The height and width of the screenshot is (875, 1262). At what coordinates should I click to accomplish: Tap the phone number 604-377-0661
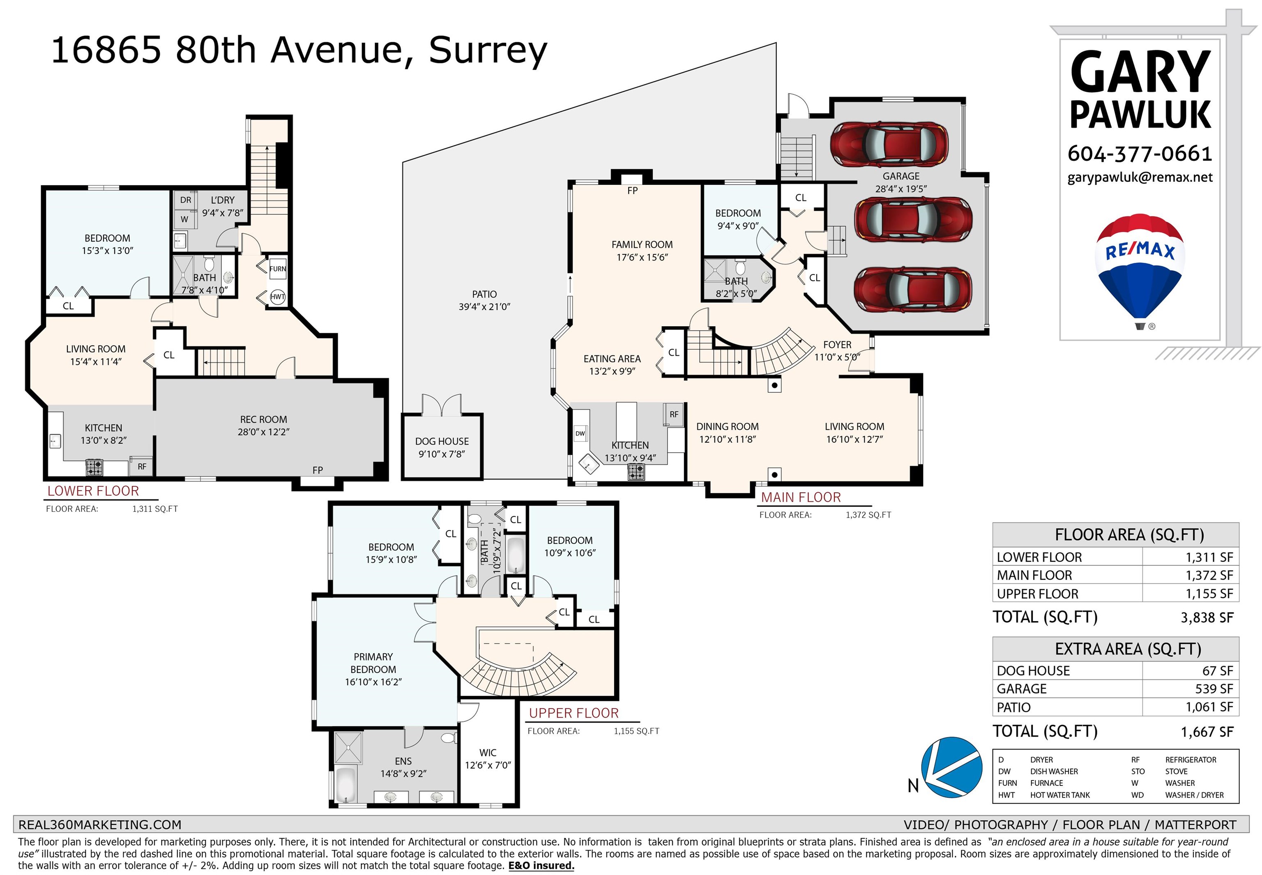coord(1140,154)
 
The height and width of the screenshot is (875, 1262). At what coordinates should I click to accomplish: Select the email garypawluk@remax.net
coord(1140,177)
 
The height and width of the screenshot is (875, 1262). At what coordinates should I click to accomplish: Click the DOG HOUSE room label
coord(442,441)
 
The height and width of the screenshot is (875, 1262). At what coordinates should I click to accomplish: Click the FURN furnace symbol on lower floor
coord(277,269)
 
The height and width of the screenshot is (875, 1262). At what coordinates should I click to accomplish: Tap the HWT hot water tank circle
coord(277,297)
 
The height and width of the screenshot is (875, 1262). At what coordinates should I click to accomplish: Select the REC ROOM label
coord(263,419)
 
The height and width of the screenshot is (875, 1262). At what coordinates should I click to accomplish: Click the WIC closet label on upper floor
coord(487,753)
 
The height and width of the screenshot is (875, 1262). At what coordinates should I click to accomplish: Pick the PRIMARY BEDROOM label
coord(373,663)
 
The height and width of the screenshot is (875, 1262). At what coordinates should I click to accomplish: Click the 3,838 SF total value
coord(1207,617)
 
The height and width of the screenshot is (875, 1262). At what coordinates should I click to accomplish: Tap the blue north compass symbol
coord(952,767)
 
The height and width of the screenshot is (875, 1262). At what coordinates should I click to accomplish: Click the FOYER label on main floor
coord(837,345)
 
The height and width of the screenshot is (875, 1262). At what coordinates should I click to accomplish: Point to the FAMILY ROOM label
coord(642,244)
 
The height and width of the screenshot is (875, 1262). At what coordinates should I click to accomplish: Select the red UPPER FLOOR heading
coord(573,713)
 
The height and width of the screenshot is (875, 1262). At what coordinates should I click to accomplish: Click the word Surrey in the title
coord(488,51)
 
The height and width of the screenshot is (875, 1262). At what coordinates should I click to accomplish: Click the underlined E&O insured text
coord(541,865)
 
